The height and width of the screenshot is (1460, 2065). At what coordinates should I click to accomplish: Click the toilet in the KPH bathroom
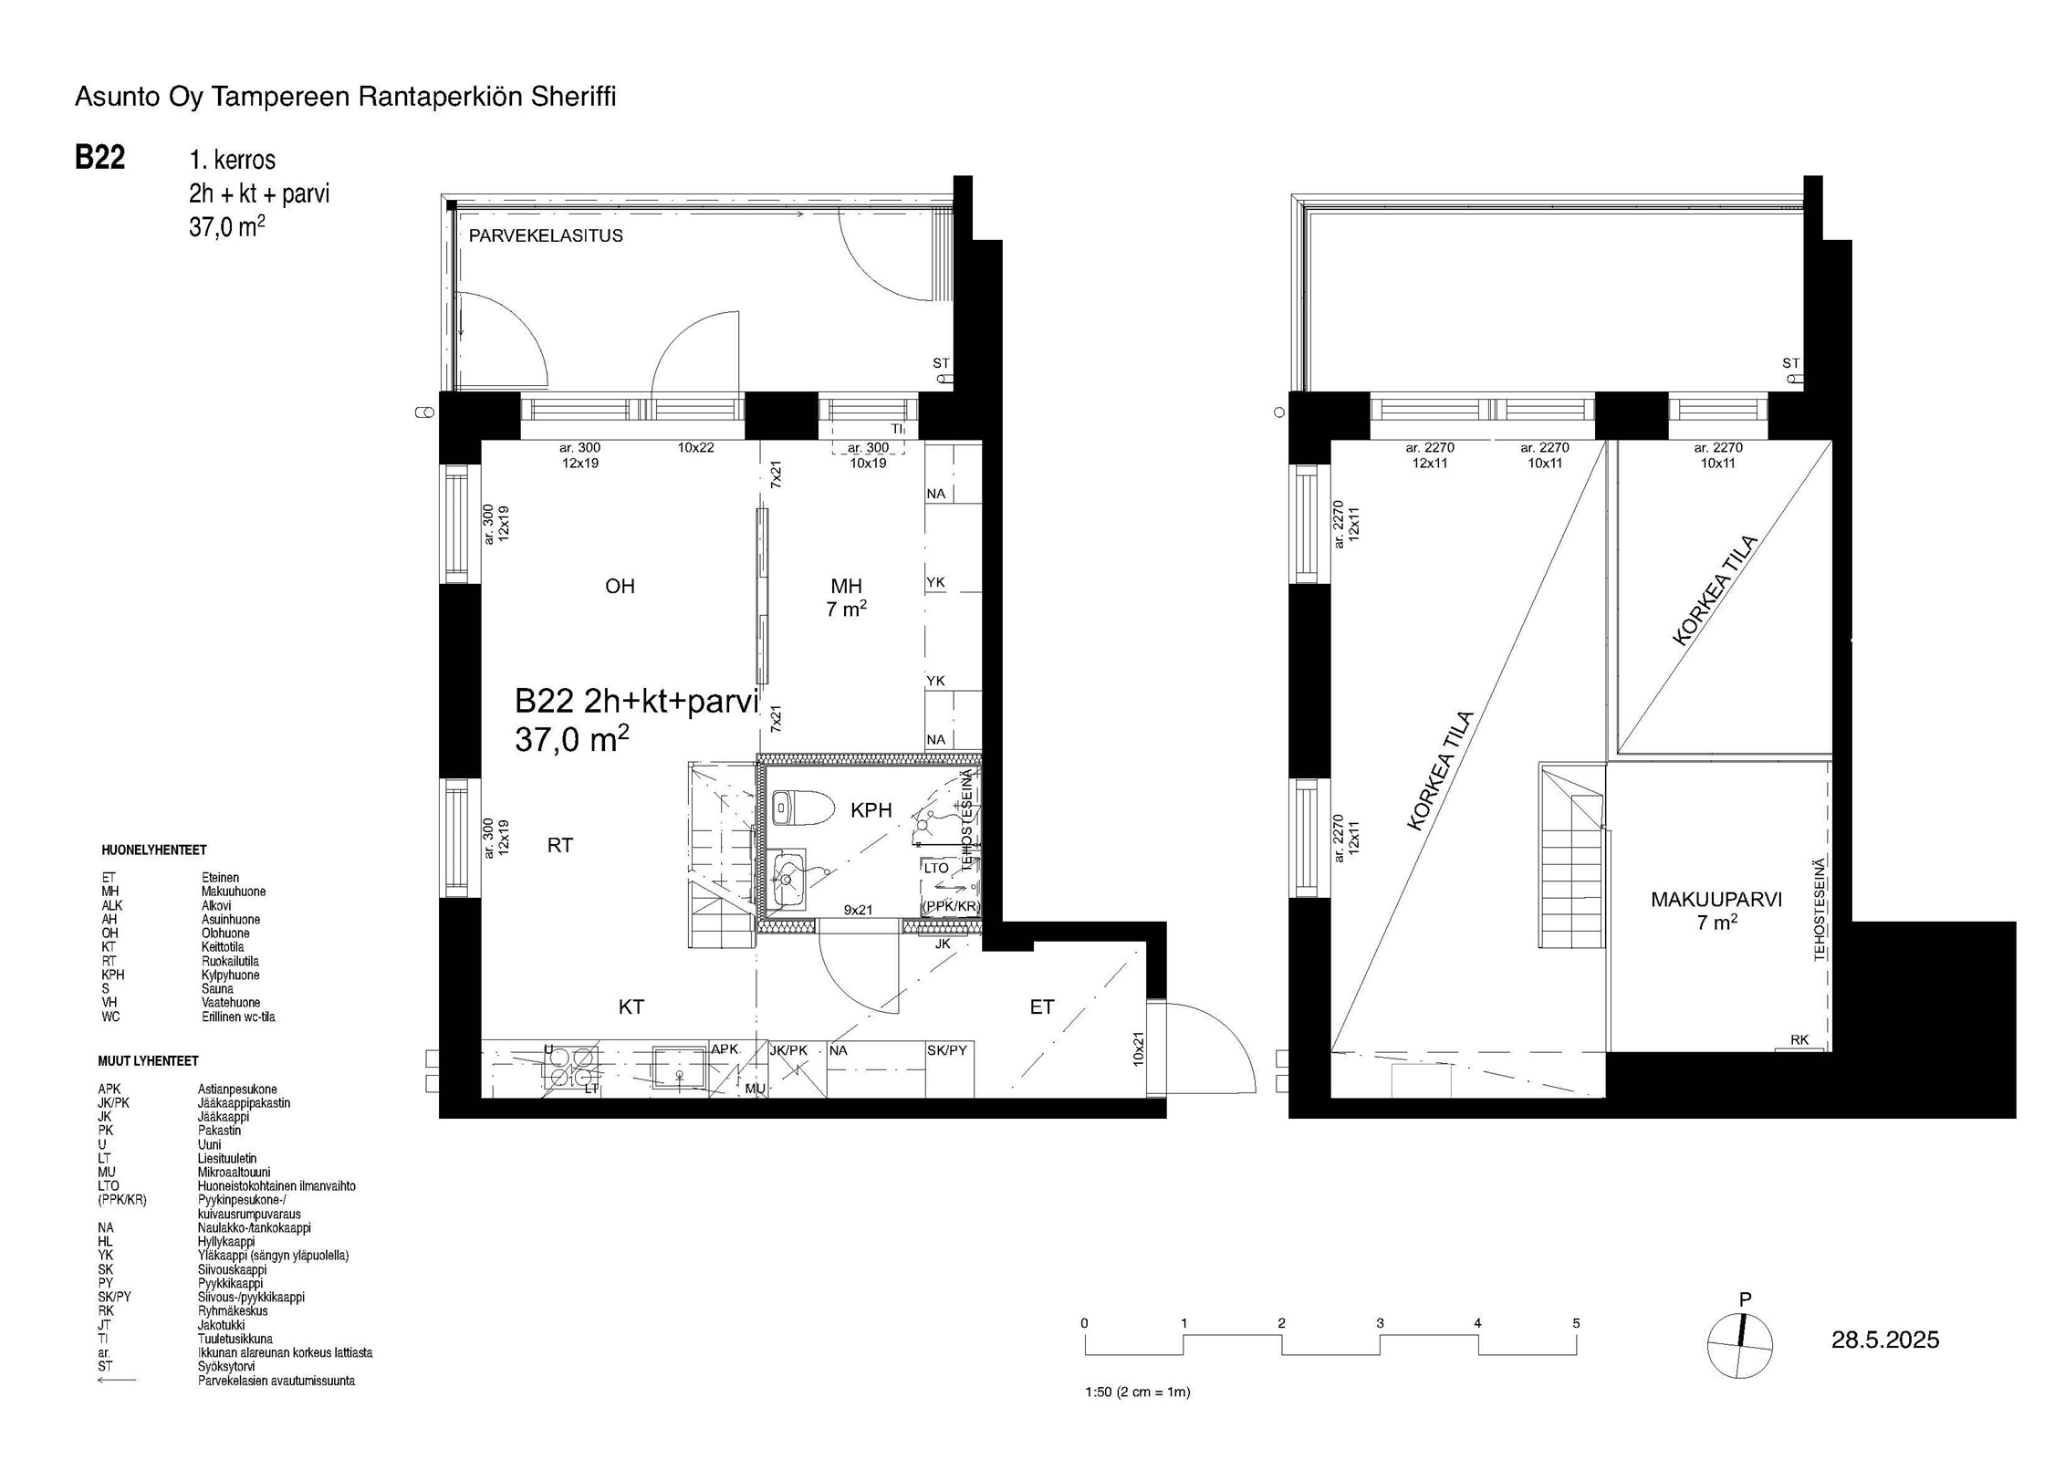point(801,808)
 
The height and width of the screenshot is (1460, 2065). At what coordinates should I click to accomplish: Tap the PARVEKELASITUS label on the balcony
point(546,235)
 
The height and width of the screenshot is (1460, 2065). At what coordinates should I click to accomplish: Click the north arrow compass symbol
point(1740,1344)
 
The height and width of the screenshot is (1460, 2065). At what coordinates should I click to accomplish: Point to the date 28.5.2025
point(1885,1340)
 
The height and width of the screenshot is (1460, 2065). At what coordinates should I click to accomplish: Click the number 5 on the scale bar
point(1576,1323)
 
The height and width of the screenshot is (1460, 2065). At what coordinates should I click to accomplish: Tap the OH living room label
point(620,586)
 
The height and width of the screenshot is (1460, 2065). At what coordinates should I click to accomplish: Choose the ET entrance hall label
point(1041,1006)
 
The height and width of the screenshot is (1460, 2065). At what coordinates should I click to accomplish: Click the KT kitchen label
point(631,1006)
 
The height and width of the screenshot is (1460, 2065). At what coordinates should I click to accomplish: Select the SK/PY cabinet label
point(946,1050)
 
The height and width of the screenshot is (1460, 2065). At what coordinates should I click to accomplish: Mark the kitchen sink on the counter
point(679,1069)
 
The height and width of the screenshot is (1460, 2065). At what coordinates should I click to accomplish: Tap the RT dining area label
point(560,845)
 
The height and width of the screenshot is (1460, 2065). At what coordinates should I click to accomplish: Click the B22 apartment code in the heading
point(99,158)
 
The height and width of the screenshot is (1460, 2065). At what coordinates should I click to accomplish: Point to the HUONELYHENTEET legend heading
point(154,850)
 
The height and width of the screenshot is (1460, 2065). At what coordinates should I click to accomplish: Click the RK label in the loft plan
point(1799,1039)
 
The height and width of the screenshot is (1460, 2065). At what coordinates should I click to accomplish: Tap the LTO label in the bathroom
point(936,868)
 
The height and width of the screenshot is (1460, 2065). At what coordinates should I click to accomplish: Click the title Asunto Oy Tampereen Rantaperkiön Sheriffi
point(345,97)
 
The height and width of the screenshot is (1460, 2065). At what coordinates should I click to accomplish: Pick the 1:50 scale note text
point(1137,1392)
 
